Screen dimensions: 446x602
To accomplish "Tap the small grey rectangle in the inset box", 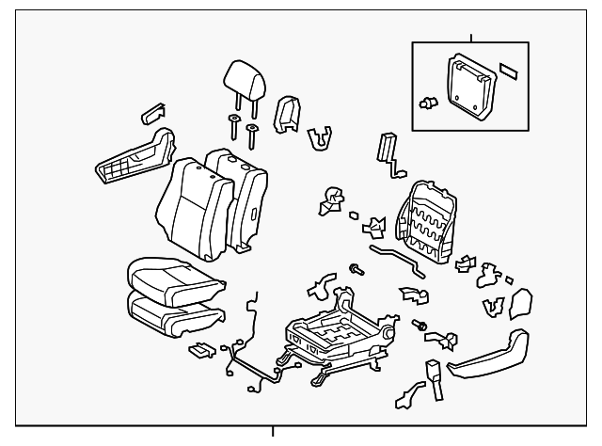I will coord(512,72).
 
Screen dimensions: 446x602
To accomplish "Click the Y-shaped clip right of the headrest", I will coord(320,137).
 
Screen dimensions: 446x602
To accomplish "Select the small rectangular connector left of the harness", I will coord(200,352).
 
